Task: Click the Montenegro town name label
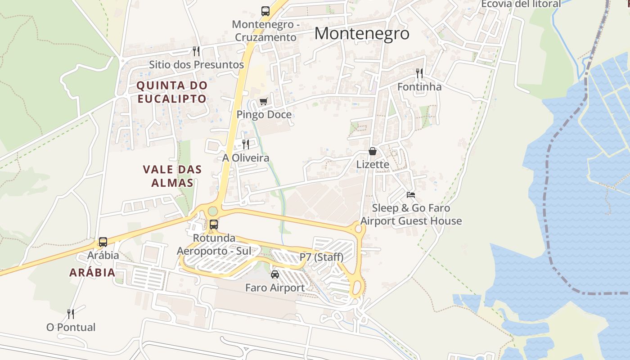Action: tap(362, 34)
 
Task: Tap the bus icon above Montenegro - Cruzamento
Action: tap(265, 11)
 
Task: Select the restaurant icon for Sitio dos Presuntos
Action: tap(196, 51)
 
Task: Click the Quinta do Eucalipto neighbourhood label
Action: tap(172, 92)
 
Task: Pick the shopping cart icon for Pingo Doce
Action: tap(263, 101)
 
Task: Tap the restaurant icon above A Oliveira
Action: tap(245, 144)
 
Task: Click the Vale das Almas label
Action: tap(172, 176)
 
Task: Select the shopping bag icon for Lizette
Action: tap(373, 151)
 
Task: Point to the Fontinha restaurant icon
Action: tap(419, 73)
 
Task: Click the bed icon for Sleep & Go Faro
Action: tap(411, 195)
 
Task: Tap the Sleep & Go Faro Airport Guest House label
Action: tap(411, 215)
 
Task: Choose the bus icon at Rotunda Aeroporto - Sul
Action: tap(214, 224)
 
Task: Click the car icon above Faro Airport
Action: tap(274, 274)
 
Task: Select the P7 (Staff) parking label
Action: tap(321, 257)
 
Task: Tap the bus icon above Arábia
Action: tap(103, 242)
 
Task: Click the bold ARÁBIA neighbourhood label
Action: tap(92, 272)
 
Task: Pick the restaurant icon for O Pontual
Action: tap(71, 314)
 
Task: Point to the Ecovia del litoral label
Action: tap(521, 4)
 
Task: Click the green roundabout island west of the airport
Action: tap(212, 211)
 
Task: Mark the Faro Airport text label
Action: tap(274, 288)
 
